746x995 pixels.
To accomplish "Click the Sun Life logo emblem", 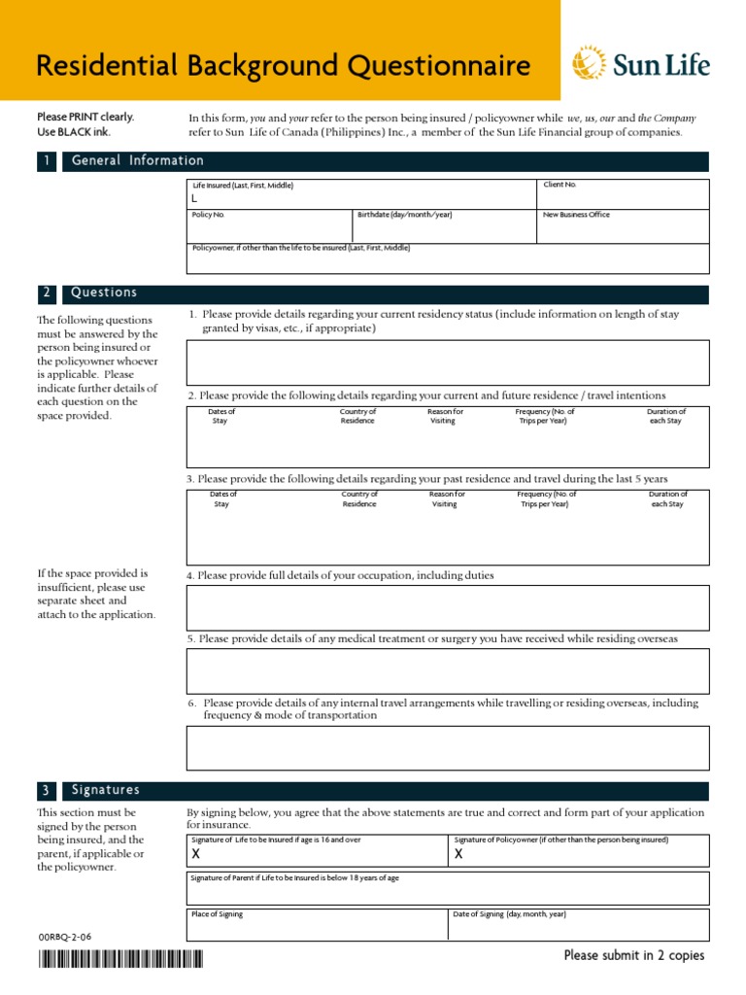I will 588,65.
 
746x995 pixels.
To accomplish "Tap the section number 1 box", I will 46,161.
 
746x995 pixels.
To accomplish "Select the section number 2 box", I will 46,293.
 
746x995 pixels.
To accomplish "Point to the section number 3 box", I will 46,791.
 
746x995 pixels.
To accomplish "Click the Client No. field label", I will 559,184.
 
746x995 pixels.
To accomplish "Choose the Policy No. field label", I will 208,215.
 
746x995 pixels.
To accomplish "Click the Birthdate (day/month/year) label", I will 404,215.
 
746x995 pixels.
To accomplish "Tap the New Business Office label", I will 576,215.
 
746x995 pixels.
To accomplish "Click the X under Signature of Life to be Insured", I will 196,855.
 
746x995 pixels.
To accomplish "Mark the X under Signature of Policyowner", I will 458,855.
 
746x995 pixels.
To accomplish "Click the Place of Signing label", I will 217,914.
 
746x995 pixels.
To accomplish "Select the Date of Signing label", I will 509,914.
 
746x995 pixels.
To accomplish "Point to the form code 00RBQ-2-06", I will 64,937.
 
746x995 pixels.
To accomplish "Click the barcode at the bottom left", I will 120,960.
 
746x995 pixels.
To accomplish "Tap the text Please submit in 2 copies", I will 634,956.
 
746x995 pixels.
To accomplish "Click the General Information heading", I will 138,161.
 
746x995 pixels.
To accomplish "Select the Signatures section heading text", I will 106,791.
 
